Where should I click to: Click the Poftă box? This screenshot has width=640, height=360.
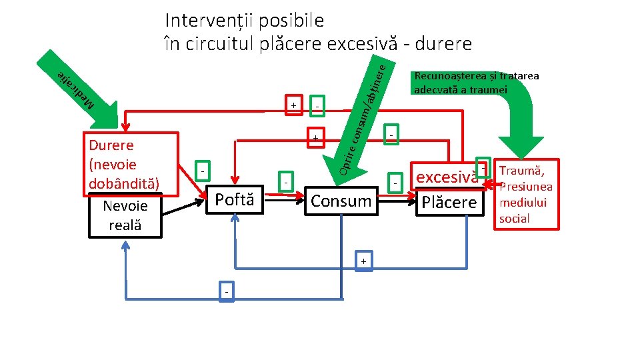point(234,199)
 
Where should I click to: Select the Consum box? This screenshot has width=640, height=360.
point(341,201)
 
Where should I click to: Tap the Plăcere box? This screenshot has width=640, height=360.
point(449,202)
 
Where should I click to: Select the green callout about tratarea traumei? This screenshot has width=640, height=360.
point(476,83)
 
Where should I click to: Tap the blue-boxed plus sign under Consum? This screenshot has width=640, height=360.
point(363,261)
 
